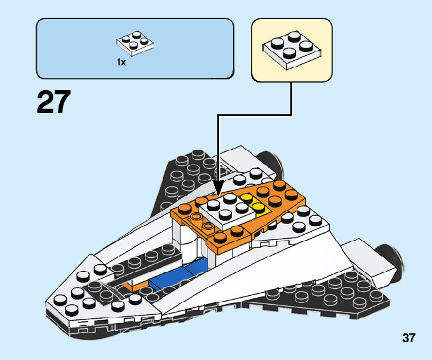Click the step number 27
(x=53, y=102)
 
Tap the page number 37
(x=408, y=338)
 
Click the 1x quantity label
(x=121, y=62)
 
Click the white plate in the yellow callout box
(x=291, y=51)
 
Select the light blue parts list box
(x=135, y=48)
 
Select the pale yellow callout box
(x=292, y=50)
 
